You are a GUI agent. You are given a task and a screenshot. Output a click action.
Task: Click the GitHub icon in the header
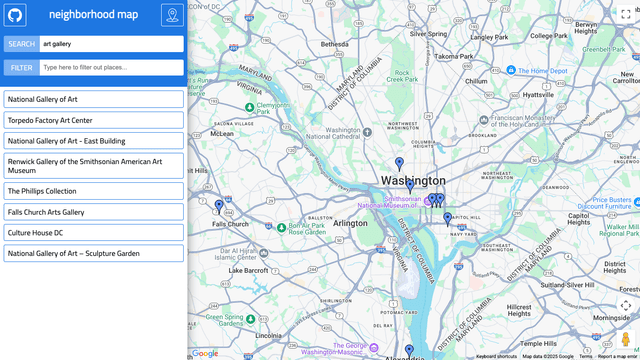pos(15,15)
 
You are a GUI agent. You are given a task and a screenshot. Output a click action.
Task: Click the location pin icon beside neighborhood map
pos(172,15)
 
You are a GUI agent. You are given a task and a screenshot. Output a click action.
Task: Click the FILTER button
pos(21,67)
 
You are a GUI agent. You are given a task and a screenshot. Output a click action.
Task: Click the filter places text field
pos(111,67)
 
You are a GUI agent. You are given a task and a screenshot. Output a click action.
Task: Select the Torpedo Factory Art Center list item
pos(93,120)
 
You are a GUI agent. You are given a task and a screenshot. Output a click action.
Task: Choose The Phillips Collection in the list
pos(93,191)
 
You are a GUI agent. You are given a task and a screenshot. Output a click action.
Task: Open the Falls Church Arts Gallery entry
pos(93,212)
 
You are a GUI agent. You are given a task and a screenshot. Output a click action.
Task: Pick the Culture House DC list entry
pos(93,233)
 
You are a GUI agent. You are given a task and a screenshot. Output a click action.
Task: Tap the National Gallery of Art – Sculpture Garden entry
pos(93,253)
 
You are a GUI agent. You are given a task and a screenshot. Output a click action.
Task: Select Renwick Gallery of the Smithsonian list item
pos(93,166)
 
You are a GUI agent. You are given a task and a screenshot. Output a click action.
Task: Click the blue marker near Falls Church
pos(219,207)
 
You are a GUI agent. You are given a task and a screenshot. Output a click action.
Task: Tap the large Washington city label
pos(413,181)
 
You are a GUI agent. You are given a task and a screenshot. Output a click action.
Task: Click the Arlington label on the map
pos(351,223)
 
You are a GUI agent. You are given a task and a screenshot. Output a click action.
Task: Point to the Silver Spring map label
pos(428,33)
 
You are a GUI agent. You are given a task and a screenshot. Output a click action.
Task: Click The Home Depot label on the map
pos(543,71)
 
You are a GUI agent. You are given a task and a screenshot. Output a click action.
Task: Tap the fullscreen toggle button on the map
pos(626,13)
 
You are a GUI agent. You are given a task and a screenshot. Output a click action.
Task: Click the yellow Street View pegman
pos(626,339)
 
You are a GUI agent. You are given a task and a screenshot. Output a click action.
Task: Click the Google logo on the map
pos(205,353)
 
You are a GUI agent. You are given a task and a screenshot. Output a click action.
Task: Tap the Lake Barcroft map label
pos(248,270)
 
